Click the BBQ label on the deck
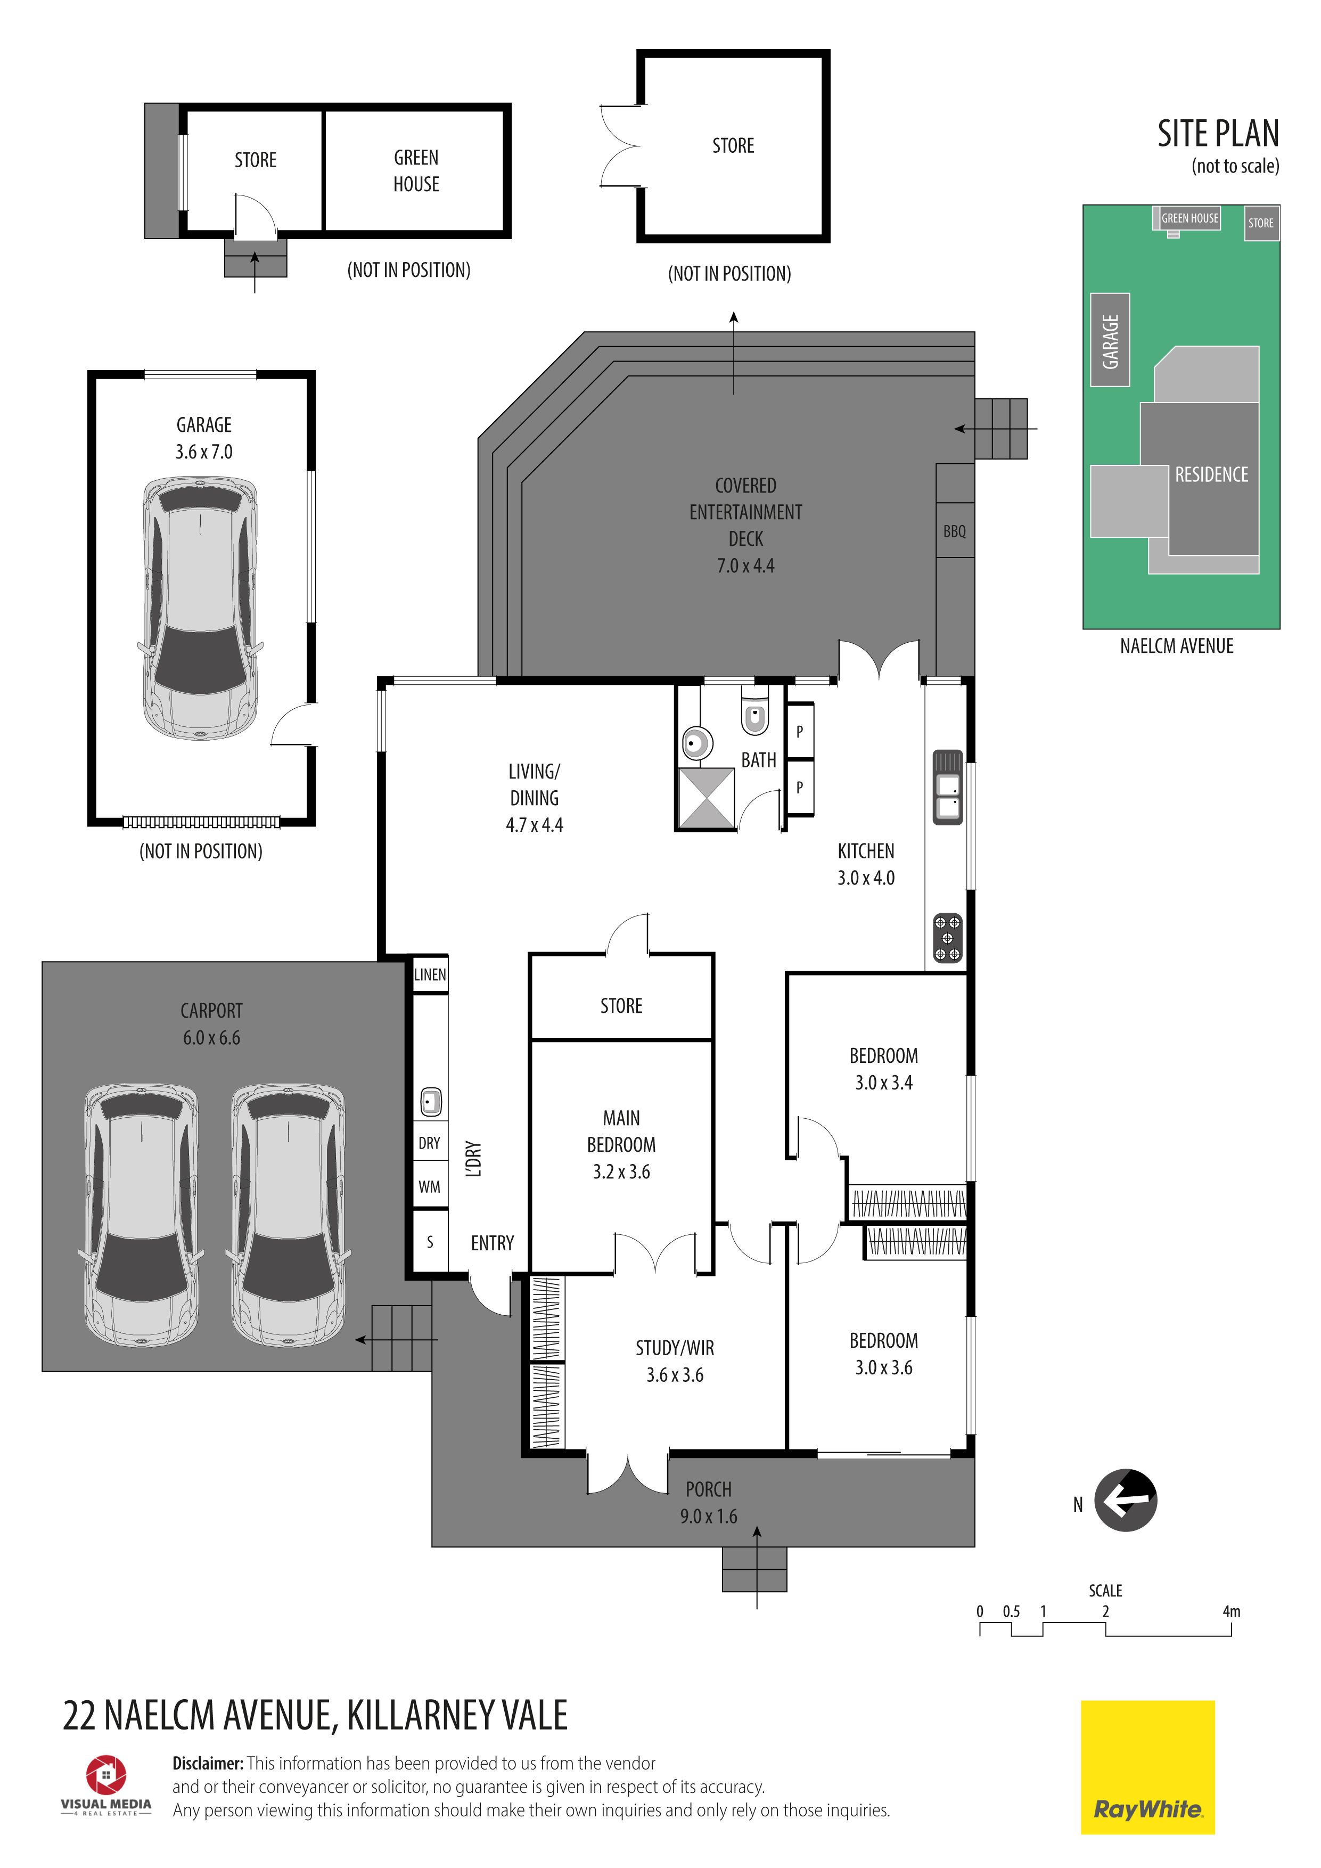click(954, 531)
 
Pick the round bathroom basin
click(697, 743)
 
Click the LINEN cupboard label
click(430, 974)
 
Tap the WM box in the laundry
click(430, 1186)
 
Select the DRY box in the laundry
click(430, 1143)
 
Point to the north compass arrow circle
click(1126, 1500)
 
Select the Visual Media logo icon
click(106, 1774)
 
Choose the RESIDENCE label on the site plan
click(1211, 474)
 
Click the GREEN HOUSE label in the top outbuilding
click(416, 171)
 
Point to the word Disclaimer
click(208, 1763)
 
